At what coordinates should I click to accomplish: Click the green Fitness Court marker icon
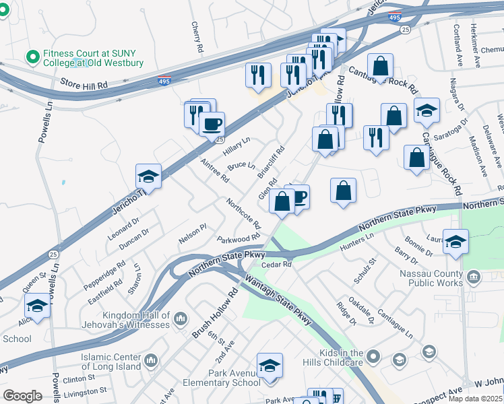click(31, 57)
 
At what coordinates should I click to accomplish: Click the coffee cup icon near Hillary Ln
click(212, 124)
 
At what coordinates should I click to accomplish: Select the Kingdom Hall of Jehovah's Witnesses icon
click(181, 318)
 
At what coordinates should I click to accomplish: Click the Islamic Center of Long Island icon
click(151, 360)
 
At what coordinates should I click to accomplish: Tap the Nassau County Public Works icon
click(474, 276)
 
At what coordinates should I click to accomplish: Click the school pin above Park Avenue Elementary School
click(270, 366)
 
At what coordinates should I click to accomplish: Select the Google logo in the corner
click(22, 396)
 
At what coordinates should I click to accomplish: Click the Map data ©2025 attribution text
click(474, 399)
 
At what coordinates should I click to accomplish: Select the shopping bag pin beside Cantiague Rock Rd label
click(381, 67)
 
